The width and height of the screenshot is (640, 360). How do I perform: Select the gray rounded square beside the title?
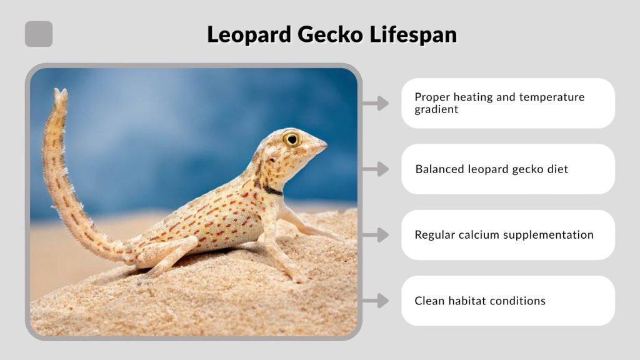[x=39, y=34]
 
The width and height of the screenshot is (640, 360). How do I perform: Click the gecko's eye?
[x=291, y=139]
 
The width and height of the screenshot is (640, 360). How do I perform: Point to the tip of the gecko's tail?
[x=61, y=94]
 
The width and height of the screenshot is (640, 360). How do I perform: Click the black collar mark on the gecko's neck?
[x=272, y=189]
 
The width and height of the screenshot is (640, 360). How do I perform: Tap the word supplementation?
[x=549, y=235]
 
